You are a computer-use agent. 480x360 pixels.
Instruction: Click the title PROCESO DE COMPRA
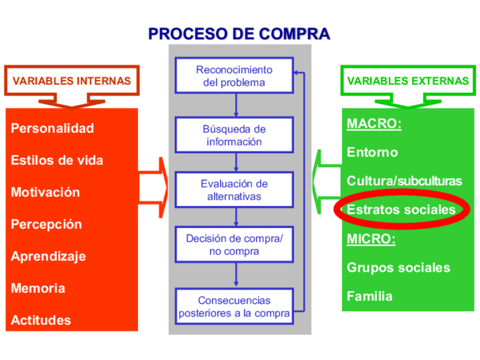(239, 33)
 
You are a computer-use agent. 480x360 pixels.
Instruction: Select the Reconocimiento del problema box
(234, 76)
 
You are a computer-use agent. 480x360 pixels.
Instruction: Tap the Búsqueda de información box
(234, 135)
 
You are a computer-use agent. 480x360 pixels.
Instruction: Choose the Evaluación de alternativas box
(234, 190)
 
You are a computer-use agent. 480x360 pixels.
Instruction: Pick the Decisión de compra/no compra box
(234, 245)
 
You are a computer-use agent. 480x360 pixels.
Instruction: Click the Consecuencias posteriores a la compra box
(234, 306)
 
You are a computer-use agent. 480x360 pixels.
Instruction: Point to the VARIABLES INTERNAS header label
(71, 80)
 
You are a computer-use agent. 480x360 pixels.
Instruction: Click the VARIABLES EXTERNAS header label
(408, 80)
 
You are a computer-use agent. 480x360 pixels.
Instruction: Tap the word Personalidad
(52, 128)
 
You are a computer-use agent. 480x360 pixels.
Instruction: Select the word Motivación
(45, 192)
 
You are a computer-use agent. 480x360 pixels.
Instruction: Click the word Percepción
(46, 224)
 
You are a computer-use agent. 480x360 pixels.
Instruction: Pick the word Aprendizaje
(48, 256)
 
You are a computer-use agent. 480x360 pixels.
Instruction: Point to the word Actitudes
(41, 320)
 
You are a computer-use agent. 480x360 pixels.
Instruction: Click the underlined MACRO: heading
(374, 123)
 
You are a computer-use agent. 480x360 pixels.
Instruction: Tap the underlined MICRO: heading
(371, 238)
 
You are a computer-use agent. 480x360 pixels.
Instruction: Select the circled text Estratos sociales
(401, 209)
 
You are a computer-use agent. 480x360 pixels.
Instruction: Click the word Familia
(369, 295)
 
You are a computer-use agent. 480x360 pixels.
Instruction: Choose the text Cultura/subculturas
(404, 181)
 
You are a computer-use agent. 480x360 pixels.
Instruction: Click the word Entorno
(372, 152)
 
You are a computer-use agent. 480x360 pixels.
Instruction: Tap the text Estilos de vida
(57, 160)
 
